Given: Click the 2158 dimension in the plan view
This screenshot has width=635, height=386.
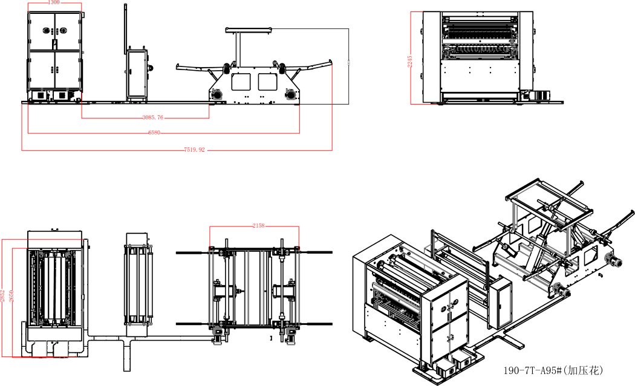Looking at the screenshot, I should pos(258,226).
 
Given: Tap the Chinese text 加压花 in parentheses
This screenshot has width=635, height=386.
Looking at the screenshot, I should pos(586,369).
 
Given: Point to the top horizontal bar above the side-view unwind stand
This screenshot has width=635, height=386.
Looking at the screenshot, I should pos(249,29).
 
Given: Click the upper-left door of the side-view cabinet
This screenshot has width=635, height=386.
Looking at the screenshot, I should pos(42,30).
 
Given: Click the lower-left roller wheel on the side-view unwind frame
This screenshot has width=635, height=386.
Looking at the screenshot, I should pos(217,94).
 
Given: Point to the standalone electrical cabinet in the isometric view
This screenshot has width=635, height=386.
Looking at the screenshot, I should pos(501,300).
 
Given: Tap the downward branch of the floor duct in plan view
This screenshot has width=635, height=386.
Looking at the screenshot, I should pos(126,356).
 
